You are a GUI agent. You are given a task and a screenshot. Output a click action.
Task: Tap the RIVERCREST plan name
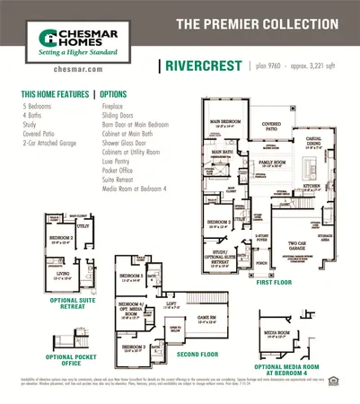(198, 66)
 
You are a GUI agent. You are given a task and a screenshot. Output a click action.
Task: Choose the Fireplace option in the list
(115, 105)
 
